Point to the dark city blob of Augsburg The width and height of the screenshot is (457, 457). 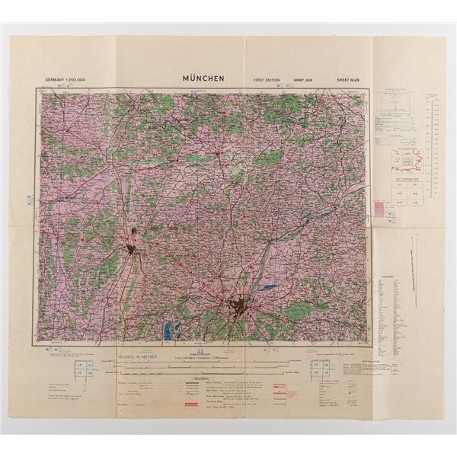(x=134, y=251)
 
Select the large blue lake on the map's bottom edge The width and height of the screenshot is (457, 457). (x=167, y=331)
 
